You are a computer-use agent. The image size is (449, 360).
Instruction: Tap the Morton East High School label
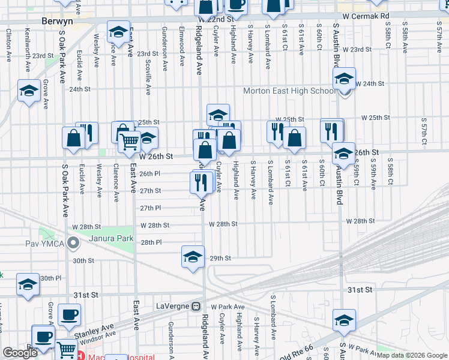pyautogui.click(x=289, y=91)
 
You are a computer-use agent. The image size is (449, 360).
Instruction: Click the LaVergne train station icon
pyautogui.click(x=196, y=307)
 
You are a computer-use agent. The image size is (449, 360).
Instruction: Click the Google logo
pyautogui.click(x=20, y=353)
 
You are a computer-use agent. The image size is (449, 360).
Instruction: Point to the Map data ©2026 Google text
pyautogui.click(x=411, y=355)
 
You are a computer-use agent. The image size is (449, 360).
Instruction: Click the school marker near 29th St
pyautogui.click(x=192, y=257)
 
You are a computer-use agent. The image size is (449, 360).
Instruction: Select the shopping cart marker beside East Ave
pyautogui.click(x=129, y=142)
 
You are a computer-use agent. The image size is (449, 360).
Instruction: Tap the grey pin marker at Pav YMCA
pyautogui.click(x=73, y=244)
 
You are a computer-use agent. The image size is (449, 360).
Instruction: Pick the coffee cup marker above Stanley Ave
pyautogui.click(x=69, y=314)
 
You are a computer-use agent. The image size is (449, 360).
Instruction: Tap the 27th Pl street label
pyautogui.click(x=151, y=208)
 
